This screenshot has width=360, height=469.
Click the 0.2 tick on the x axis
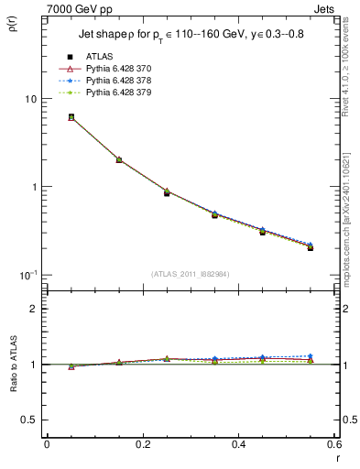point(142,444)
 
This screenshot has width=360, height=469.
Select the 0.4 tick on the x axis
point(238,444)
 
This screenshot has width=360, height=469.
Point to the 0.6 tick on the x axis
point(333,444)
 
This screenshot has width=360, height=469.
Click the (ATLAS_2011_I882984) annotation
point(190,273)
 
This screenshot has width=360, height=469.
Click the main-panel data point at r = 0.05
point(71,117)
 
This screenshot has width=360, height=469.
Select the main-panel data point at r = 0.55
point(310,247)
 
